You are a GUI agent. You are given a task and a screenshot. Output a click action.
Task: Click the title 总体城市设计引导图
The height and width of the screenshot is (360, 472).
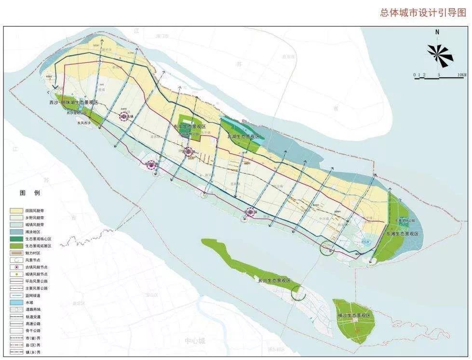(425, 13)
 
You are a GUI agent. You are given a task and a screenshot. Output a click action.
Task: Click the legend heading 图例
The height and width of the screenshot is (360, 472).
(30, 193)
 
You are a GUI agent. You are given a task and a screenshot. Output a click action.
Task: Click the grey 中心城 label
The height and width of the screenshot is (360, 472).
(195, 341)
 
